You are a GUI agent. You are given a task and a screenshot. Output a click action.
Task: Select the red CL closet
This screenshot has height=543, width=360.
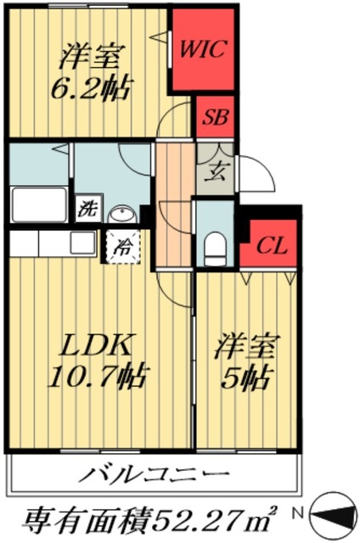tap(271, 247)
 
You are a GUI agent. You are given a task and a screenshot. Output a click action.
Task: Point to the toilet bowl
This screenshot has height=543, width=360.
tap(214, 247)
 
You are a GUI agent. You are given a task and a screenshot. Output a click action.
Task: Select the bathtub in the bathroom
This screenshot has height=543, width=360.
tap(39, 204)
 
